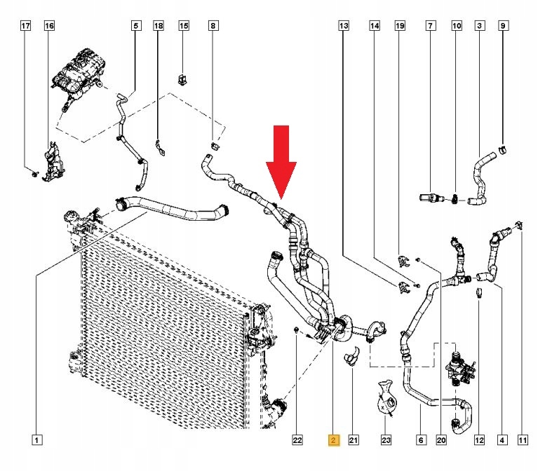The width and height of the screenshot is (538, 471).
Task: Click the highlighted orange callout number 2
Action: pyautogui.click(x=333, y=440)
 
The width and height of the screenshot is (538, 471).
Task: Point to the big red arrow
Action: pyautogui.click(x=281, y=162)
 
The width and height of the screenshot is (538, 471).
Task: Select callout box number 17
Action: pyautogui.click(x=26, y=26)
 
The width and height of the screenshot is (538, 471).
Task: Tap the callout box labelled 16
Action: pyautogui.click(x=49, y=26)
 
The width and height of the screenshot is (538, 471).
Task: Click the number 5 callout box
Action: pyautogui.click(x=136, y=26)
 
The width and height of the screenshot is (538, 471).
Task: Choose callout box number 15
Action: pyautogui.click(x=184, y=26)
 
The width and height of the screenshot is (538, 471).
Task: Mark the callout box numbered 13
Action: pyautogui.click(x=344, y=26)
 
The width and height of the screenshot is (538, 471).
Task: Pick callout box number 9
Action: pyautogui.click(x=503, y=26)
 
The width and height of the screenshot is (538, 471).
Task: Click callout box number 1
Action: pyautogui.click(x=36, y=440)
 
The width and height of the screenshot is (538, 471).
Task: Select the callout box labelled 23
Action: pyautogui.click(x=386, y=440)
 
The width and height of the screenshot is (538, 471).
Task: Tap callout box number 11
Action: pyautogui.click(x=523, y=440)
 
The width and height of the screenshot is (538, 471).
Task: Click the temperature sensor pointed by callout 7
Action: pyautogui.click(x=431, y=198)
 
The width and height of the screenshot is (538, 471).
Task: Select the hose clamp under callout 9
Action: pyautogui.click(x=502, y=149)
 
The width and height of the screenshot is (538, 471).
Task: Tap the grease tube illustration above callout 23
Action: pyautogui.click(x=386, y=398)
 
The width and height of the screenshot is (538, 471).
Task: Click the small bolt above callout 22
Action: pyautogui.click(x=296, y=330)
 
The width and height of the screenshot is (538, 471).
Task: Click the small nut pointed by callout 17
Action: pyautogui.click(x=34, y=174)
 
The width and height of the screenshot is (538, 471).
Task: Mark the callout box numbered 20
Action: pyautogui.click(x=441, y=440)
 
